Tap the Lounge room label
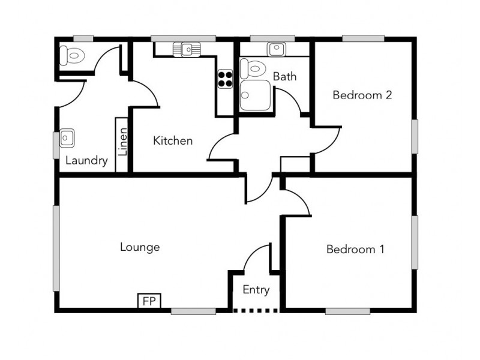coord(140,247)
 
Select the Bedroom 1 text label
coord(355,249)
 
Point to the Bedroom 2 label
coord(362,95)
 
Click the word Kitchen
coord(173,141)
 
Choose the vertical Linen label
coord(122,143)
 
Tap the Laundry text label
coord(86,160)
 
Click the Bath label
coord(284,77)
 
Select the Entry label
coord(256,290)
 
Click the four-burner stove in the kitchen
coord(225,79)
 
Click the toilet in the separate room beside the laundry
coord(73,56)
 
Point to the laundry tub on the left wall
coord(67,139)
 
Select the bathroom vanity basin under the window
coord(276,49)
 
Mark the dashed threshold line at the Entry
coord(256,310)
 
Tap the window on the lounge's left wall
coord(56,248)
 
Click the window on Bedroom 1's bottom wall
coord(348,311)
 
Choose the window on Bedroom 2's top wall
coord(363,39)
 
